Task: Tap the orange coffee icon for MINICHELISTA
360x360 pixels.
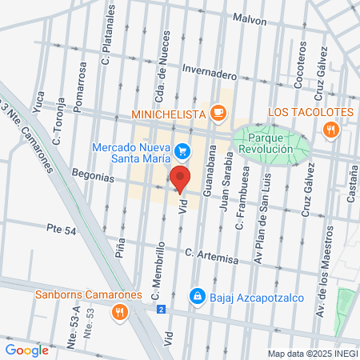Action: (216, 113)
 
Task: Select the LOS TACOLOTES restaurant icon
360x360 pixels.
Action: (330, 129)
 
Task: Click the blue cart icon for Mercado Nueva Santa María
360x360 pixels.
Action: (182, 150)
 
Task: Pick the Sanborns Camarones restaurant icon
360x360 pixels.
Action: (119, 312)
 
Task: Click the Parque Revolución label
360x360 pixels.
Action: (270, 146)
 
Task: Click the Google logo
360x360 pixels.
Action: (26, 350)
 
